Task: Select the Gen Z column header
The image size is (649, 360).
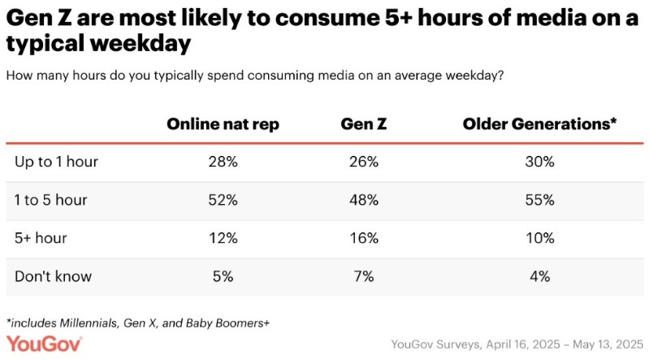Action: point(363,124)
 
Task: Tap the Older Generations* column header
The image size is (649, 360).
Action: point(539,124)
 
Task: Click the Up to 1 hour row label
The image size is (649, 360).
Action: point(56,162)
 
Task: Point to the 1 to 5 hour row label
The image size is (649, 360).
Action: point(51,200)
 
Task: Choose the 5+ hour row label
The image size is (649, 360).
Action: point(41,238)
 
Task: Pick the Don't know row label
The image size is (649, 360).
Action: point(53,276)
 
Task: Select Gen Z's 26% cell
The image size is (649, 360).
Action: point(363,162)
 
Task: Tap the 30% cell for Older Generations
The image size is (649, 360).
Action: point(539,162)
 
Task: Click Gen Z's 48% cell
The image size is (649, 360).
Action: point(363,200)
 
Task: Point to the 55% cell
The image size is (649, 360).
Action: point(539,200)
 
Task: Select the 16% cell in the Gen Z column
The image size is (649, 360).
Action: point(363,238)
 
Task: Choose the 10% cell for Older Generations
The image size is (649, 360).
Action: point(539,238)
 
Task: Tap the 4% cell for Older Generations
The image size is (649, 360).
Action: point(539,276)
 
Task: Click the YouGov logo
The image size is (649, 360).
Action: point(42,343)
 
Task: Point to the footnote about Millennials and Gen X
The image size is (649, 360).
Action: point(138,323)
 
